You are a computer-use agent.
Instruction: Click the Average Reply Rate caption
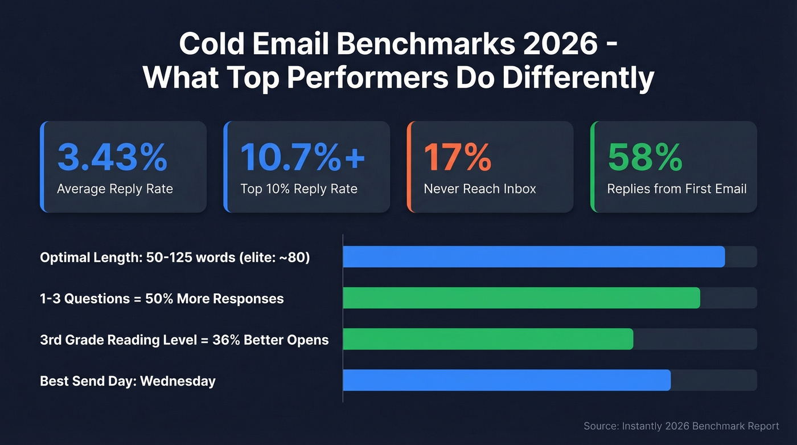point(114,189)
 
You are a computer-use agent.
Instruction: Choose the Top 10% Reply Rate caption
point(298,189)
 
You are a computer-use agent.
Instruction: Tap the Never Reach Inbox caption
point(479,189)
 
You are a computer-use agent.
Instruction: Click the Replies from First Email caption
point(676,189)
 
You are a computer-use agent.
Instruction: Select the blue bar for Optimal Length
point(533,257)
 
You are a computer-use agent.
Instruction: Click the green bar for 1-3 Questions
point(521,298)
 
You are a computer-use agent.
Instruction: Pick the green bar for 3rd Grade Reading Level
point(488,339)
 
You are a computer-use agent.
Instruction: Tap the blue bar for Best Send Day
point(507,380)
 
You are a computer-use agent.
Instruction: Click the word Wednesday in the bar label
point(178,381)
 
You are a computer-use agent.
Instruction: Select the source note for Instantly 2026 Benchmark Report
point(681,426)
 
